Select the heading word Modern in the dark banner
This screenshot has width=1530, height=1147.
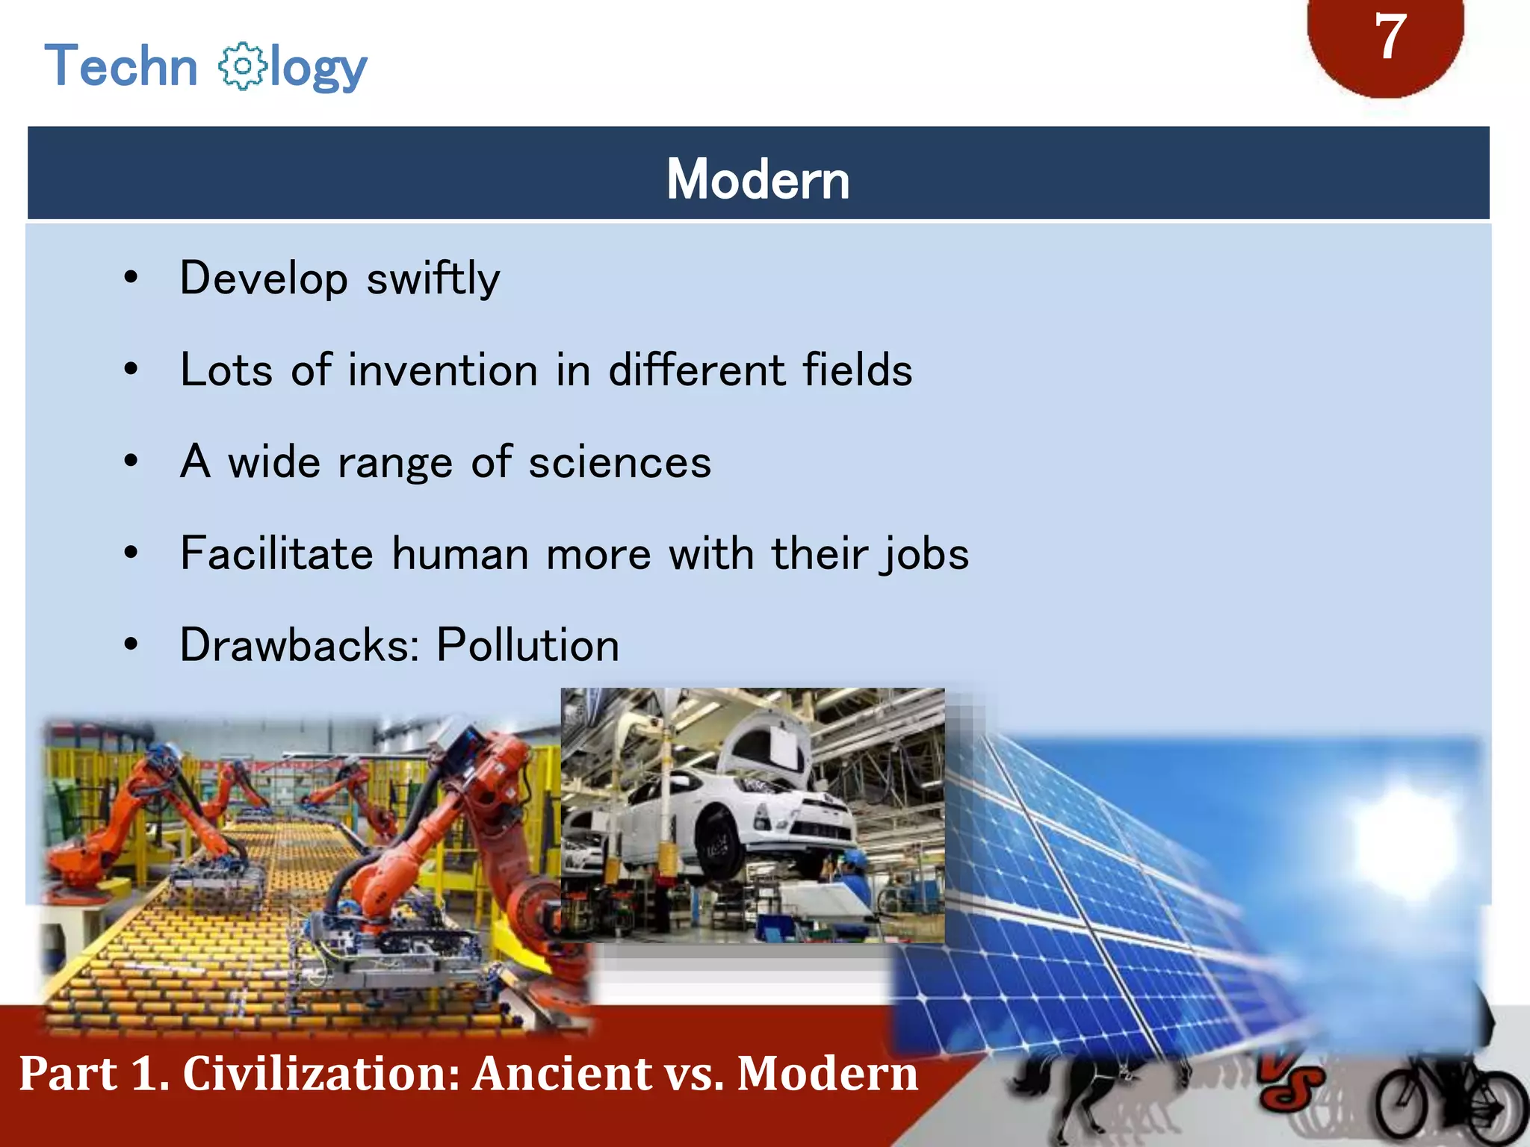tap(758, 179)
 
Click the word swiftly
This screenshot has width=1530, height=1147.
tap(433, 279)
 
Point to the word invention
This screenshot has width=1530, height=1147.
tap(442, 370)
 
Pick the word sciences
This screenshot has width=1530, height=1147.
tap(619, 462)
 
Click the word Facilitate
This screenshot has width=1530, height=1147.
tap(276, 554)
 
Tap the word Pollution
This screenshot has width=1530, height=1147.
tap(527, 645)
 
